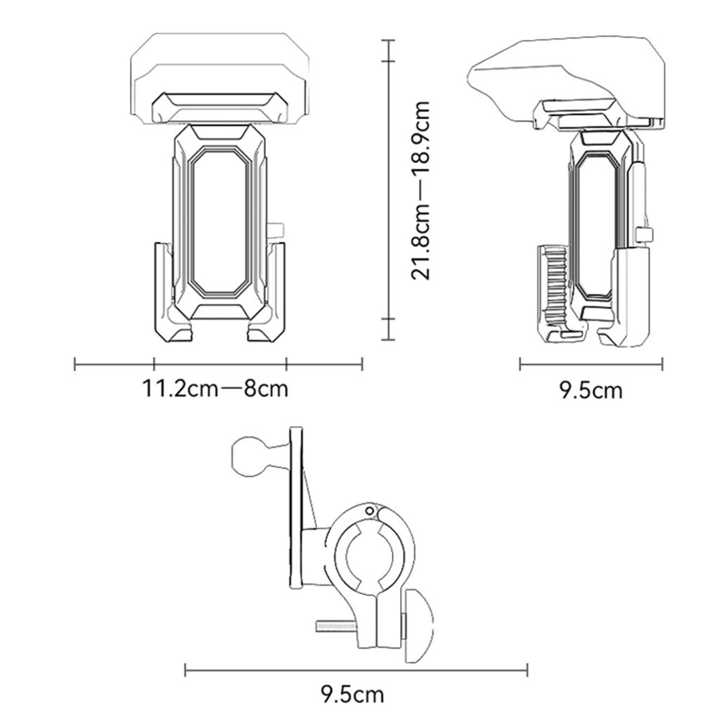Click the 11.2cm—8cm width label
point(216,388)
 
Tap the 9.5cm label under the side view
point(591,390)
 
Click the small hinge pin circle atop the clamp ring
point(366,510)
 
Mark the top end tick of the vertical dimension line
point(385,41)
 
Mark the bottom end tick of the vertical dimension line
point(385,319)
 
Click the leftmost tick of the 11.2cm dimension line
point(75,364)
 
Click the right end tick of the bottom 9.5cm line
point(527,670)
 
